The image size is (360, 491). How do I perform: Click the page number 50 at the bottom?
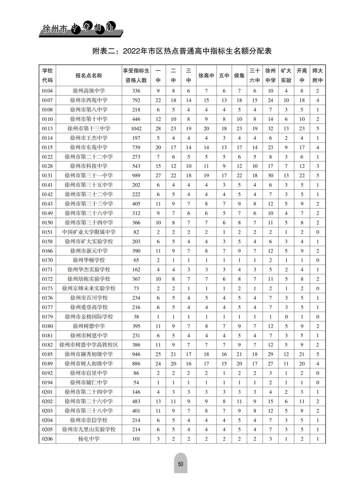click(180, 464)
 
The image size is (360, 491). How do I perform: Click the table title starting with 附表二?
click(182, 51)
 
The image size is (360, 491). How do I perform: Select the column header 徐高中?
click(206, 76)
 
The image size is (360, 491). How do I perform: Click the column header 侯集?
click(239, 76)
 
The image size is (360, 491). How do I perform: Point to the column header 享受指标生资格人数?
click(136, 76)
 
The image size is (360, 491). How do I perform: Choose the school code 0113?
click(47, 129)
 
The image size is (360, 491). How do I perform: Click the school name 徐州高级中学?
click(89, 91)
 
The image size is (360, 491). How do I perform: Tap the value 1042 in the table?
click(136, 129)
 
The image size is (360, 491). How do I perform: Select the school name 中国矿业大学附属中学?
click(89, 232)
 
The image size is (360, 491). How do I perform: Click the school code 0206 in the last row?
click(47, 439)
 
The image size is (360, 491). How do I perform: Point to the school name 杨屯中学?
click(89, 439)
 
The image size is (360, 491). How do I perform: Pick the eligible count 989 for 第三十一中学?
click(136, 176)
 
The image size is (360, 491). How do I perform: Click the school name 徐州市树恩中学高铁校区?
click(89, 345)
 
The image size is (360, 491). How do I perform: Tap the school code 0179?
click(47, 317)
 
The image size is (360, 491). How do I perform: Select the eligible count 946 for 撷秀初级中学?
click(136, 354)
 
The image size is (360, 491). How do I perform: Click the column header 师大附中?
click(317, 76)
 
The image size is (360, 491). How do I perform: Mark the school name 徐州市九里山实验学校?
click(89, 430)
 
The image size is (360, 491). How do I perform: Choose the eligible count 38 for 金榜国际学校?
click(136, 317)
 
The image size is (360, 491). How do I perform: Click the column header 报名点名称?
click(89, 76)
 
